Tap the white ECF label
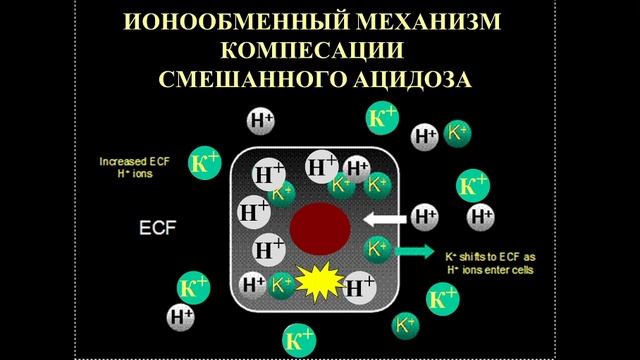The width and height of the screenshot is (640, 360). (x=156, y=227)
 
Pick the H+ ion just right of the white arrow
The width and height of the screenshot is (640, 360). (x=426, y=216)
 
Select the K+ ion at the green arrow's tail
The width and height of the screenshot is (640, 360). (x=378, y=248)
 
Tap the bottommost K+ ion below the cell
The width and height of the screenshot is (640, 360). (x=297, y=336)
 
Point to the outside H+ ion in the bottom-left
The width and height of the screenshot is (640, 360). (x=181, y=317)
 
